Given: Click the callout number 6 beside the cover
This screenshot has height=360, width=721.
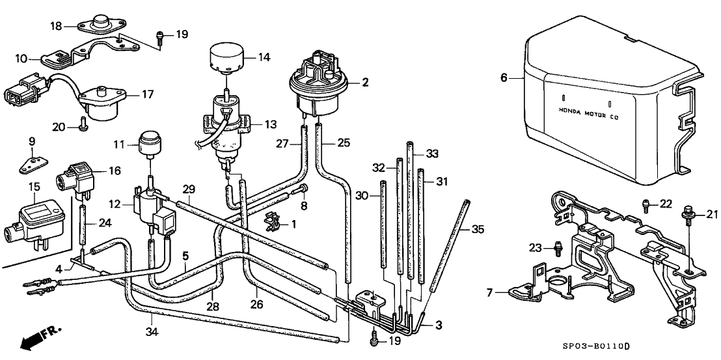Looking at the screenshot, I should click(x=503, y=78).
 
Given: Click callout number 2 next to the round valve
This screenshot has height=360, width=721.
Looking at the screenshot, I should click(x=365, y=83).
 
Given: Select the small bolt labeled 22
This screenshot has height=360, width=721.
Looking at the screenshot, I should click(x=646, y=205).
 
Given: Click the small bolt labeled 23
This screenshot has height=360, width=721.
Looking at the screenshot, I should click(x=558, y=248).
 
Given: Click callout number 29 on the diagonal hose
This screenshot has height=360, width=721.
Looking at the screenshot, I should click(x=188, y=189).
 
